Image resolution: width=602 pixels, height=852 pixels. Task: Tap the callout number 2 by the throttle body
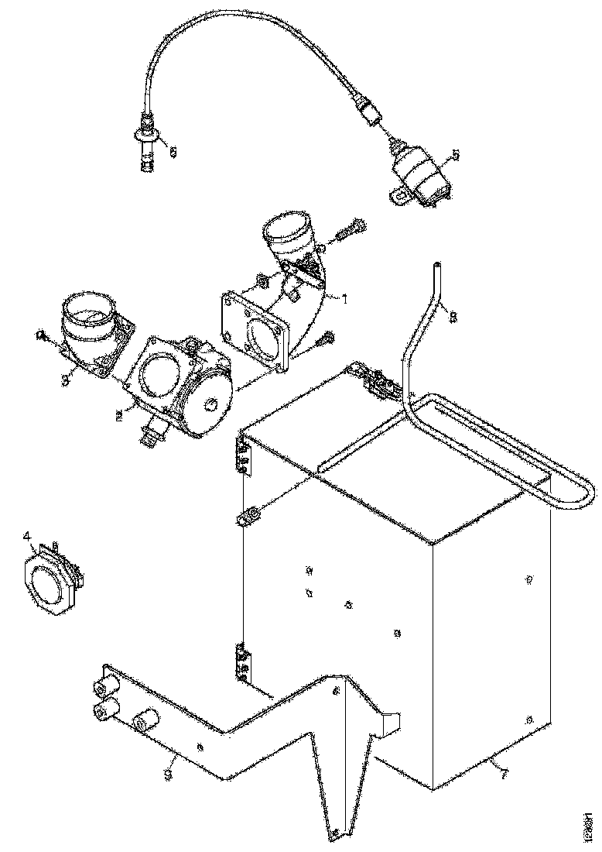click(x=118, y=416)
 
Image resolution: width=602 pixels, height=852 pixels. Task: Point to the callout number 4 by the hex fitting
click(x=26, y=535)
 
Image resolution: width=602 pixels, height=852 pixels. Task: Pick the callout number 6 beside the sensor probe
click(x=173, y=153)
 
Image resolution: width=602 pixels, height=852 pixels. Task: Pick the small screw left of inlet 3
click(x=41, y=335)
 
